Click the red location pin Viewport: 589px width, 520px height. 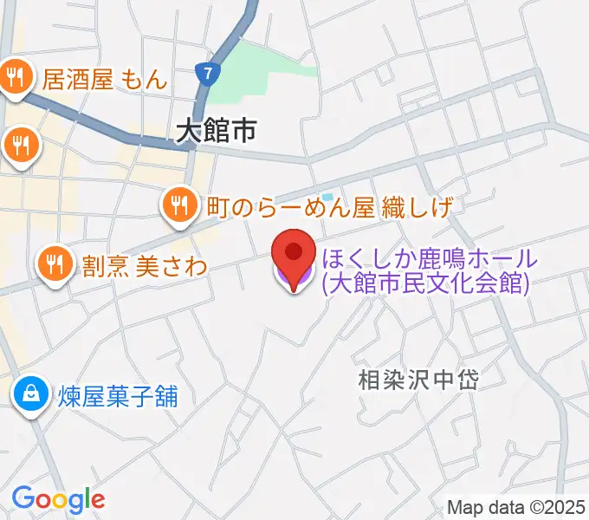click(294, 255)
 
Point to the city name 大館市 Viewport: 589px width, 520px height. click(216, 132)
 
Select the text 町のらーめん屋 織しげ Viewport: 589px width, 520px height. click(330, 207)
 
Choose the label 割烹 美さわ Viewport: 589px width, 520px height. click(145, 265)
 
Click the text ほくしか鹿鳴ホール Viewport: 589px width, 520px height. click(430, 258)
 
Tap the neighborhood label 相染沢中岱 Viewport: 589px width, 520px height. click(419, 379)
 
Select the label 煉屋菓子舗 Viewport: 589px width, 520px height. click(119, 397)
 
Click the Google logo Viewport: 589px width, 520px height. click(58, 499)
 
